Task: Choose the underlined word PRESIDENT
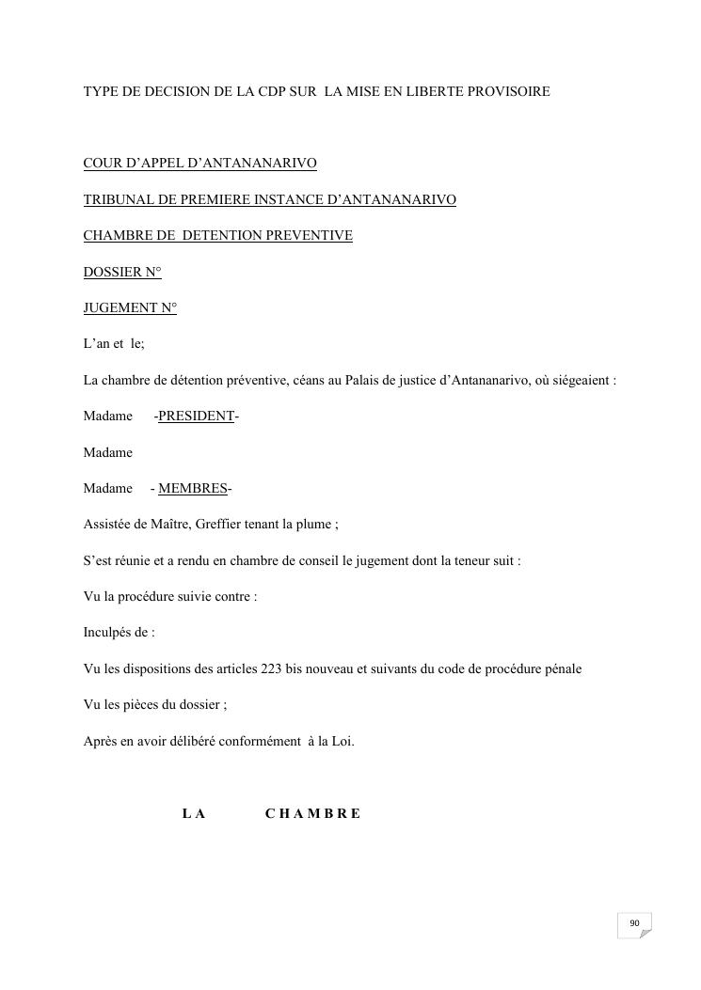click(196, 416)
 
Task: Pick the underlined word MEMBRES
click(193, 489)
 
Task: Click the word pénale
click(562, 669)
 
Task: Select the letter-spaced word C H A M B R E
click(312, 814)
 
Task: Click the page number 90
click(634, 923)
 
